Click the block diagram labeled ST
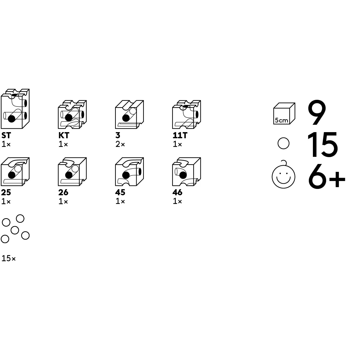tap(15, 109)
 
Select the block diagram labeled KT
tap(72, 114)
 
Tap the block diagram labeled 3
tap(130, 114)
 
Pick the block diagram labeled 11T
tap(187, 114)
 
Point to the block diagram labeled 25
tap(15, 172)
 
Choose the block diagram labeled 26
tap(72, 172)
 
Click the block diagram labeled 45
tap(130, 172)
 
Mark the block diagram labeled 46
tap(187, 172)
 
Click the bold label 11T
tap(180, 135)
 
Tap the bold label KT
tap(64, 135)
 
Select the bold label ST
tap(6, 135)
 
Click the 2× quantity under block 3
tap(120, 144)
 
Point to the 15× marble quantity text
tap(9, 258)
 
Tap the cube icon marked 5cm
tap(284, 113)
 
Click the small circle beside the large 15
tap(283, 143)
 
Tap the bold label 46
tap(177, 192)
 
